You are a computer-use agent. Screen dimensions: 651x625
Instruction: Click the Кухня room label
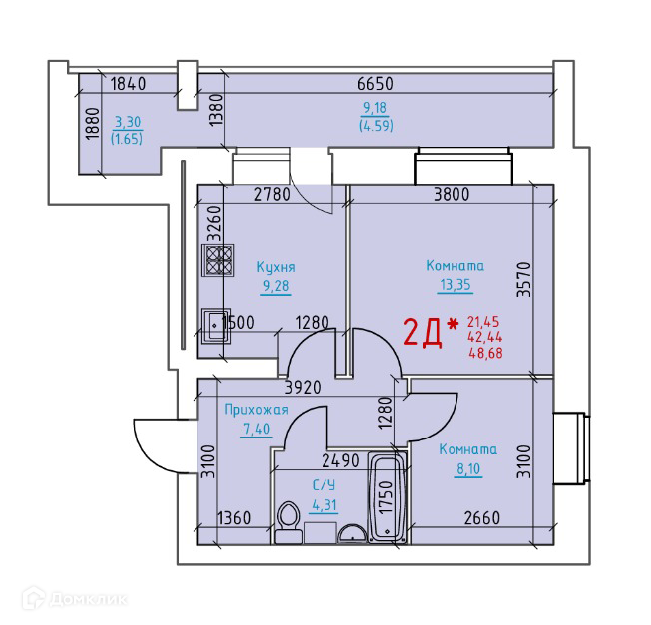click(x=276, y=267)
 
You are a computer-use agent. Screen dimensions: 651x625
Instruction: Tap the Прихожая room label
click(x=256, y=410)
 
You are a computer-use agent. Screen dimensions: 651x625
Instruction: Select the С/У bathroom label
click(x=324, y=485)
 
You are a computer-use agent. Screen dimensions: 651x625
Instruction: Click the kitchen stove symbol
click(x=218, y=260)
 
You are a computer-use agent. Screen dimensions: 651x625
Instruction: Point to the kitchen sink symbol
click(x=216, y=326)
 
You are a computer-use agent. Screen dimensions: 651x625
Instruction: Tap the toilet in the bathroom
click(x=289, y=522)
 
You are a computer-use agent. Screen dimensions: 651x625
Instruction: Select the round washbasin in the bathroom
click(x=352, y=534)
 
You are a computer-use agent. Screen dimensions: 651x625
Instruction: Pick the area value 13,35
click(x=456, y=285)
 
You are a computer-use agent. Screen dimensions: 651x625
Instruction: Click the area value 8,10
click(x=468, y=469)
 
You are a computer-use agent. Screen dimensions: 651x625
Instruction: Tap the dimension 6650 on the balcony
click(x=375, y=84)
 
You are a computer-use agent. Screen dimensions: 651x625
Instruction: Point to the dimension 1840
click(x=129, y=84)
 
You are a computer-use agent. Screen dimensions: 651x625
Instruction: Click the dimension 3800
click(x=452, y=194)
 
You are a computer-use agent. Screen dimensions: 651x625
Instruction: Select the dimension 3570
click(x=524, y=279)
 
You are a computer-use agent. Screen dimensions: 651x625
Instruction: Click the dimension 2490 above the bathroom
click(x=340, y=460)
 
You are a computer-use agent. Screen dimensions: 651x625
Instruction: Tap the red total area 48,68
click(x=485, y=353)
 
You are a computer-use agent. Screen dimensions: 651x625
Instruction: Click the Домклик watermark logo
click(x=74, y=599)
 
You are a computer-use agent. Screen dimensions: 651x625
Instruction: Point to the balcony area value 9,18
click(x=375, y=108)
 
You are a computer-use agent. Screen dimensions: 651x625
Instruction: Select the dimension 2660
click(x=482, y=518)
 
